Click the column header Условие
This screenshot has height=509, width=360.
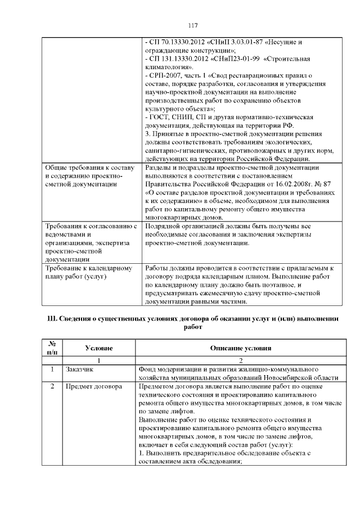[x=98, y=348]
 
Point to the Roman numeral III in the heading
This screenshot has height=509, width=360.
[x=51, y=319]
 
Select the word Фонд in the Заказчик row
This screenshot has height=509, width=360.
[x=147, y=370]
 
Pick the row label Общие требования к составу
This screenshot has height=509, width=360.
[x=89, y=168]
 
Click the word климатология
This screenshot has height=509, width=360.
[x=165, y=67]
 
